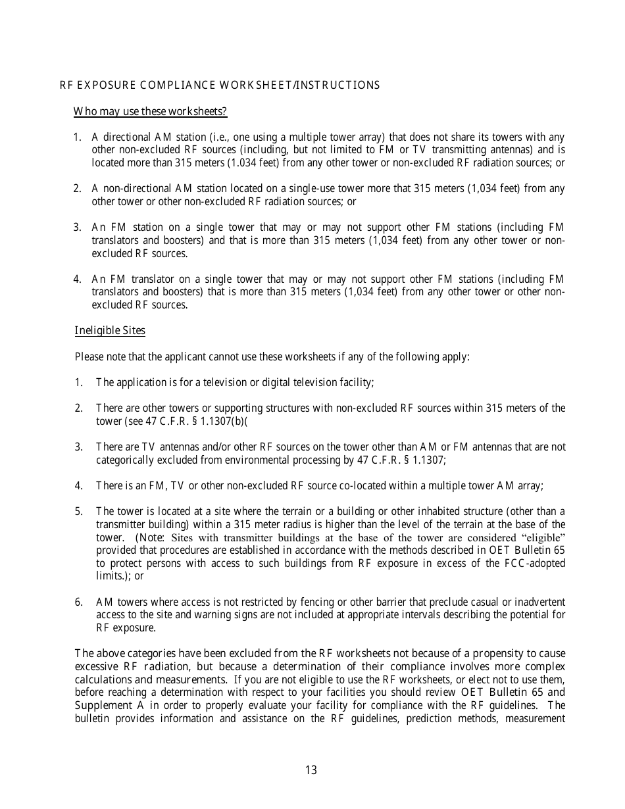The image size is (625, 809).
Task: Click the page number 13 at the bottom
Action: click(x=311, y=770)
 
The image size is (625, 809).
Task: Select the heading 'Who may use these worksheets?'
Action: click(x=150, y=112)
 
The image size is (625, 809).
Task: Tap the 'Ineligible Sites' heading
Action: click(x=110, y=330)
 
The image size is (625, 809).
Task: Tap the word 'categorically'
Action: click(x=126, y=460)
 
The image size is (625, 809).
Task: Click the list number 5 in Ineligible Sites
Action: click(x=78, y=511)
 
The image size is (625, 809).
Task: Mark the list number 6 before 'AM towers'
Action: click(x=78, y=602)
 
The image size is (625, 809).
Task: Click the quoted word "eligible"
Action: click(x=539, y=537)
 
